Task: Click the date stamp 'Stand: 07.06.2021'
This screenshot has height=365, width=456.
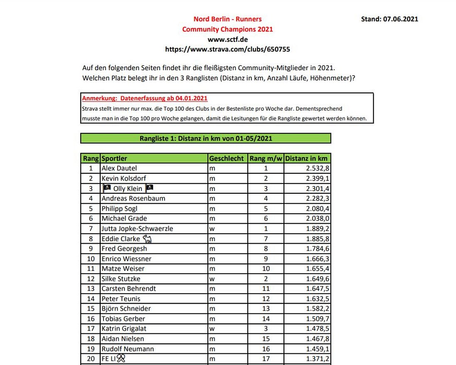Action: [389, 19]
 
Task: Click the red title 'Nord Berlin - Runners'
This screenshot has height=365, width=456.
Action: [228, 19]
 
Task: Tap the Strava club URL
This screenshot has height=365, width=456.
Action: [228, 49]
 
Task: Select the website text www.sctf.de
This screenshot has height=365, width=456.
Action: [228, 39]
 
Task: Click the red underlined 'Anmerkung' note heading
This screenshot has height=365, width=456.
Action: [145, 99]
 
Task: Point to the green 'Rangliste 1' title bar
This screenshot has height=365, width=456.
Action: [206, 138]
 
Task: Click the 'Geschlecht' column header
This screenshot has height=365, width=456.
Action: [227, 158]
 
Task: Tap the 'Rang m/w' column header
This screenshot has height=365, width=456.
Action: [266, 158]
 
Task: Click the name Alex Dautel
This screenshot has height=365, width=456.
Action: [119, 168]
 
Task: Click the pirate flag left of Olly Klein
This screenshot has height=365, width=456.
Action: [106, 188]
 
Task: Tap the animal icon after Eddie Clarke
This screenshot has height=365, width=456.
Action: [147, 239]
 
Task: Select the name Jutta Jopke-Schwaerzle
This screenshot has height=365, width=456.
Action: [137, 229]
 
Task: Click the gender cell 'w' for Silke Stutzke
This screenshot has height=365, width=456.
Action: [212, 279]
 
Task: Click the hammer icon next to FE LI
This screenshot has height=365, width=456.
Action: [121, 358]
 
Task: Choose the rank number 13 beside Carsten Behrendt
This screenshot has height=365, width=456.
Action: [91, 289]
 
